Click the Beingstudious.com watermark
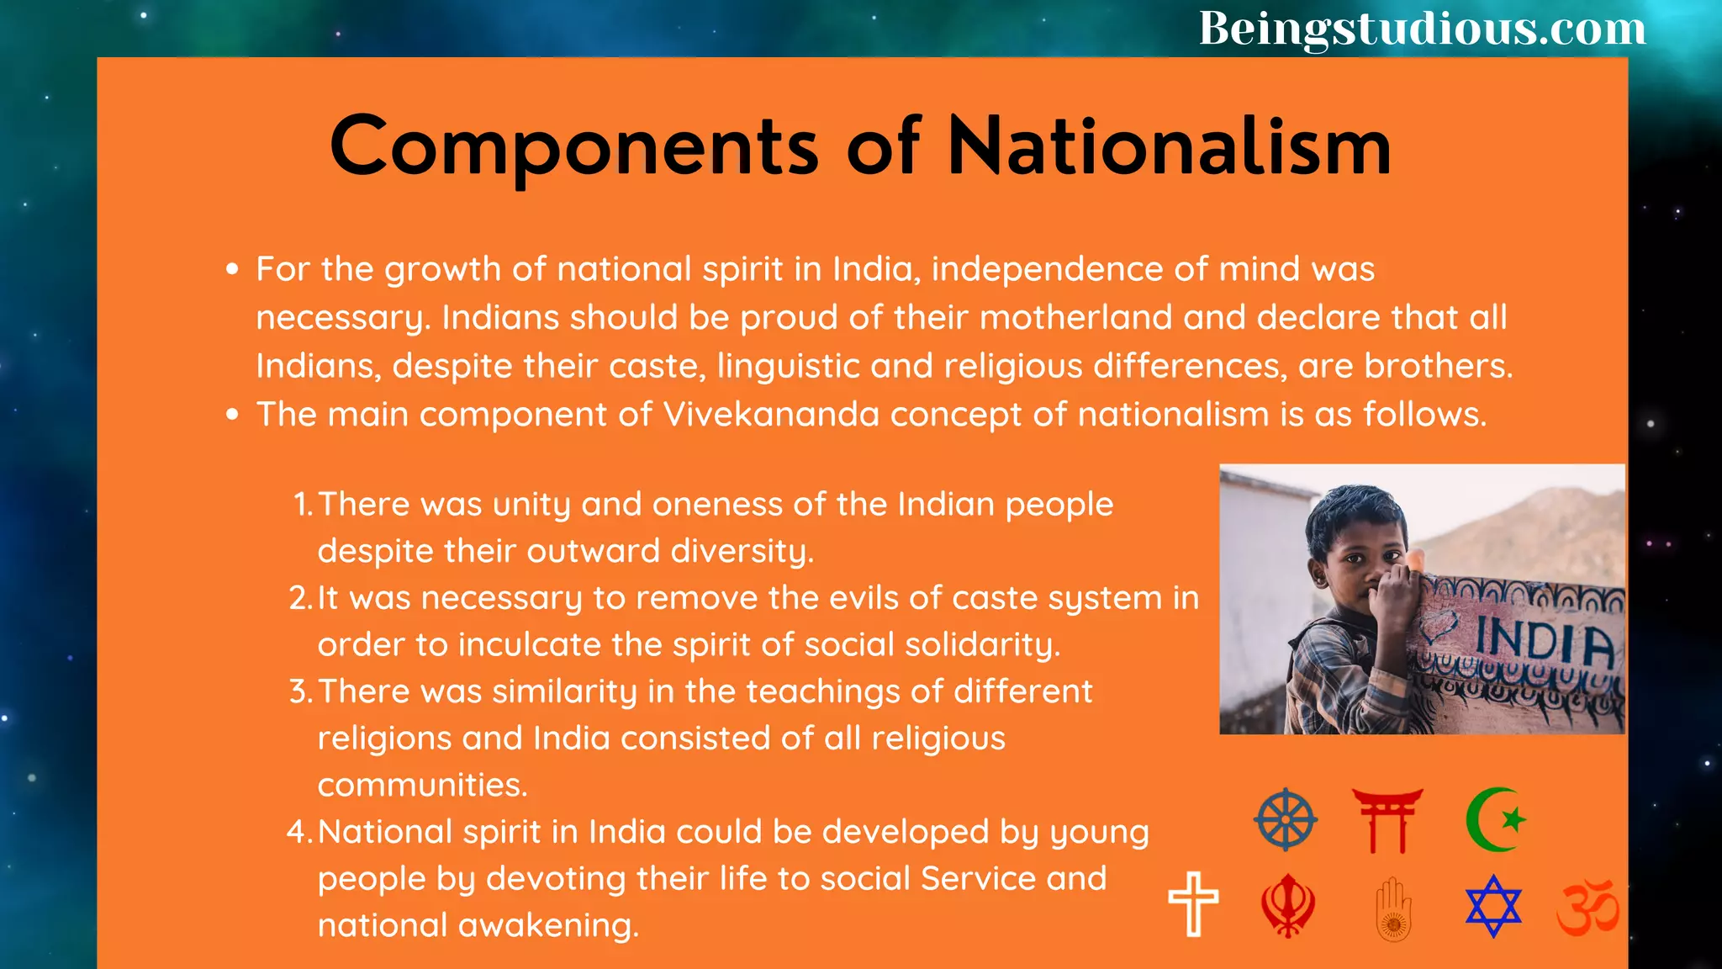1422,29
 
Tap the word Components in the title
574,148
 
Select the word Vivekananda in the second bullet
771,415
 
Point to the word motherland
1075,318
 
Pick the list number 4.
298,832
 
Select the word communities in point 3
421,786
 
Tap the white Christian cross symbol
1193,904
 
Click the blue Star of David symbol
1493,906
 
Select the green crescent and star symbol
1495,819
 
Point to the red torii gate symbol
1387,820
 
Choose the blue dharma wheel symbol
1286,819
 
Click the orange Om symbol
1587,908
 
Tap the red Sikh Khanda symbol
1287,906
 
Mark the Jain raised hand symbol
1393,908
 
